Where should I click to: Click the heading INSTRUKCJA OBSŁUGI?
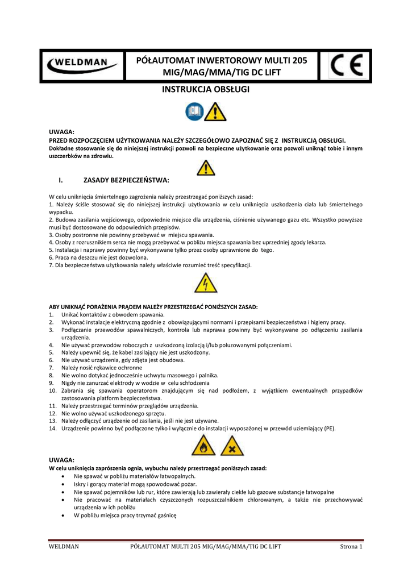click(x=206, y=90)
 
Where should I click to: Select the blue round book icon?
click(x=194, y=111)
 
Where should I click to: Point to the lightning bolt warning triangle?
click(x=205, y=282)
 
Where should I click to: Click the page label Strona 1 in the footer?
click(x=351, y=547)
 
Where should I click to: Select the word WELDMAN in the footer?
click(x=63, y=547)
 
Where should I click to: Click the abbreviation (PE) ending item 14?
click(x=328, y=429)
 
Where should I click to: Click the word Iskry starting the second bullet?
click(x=81, y=484)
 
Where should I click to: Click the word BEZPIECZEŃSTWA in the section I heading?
click(x=140, y=180)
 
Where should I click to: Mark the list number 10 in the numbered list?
click(x=53, y=391)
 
